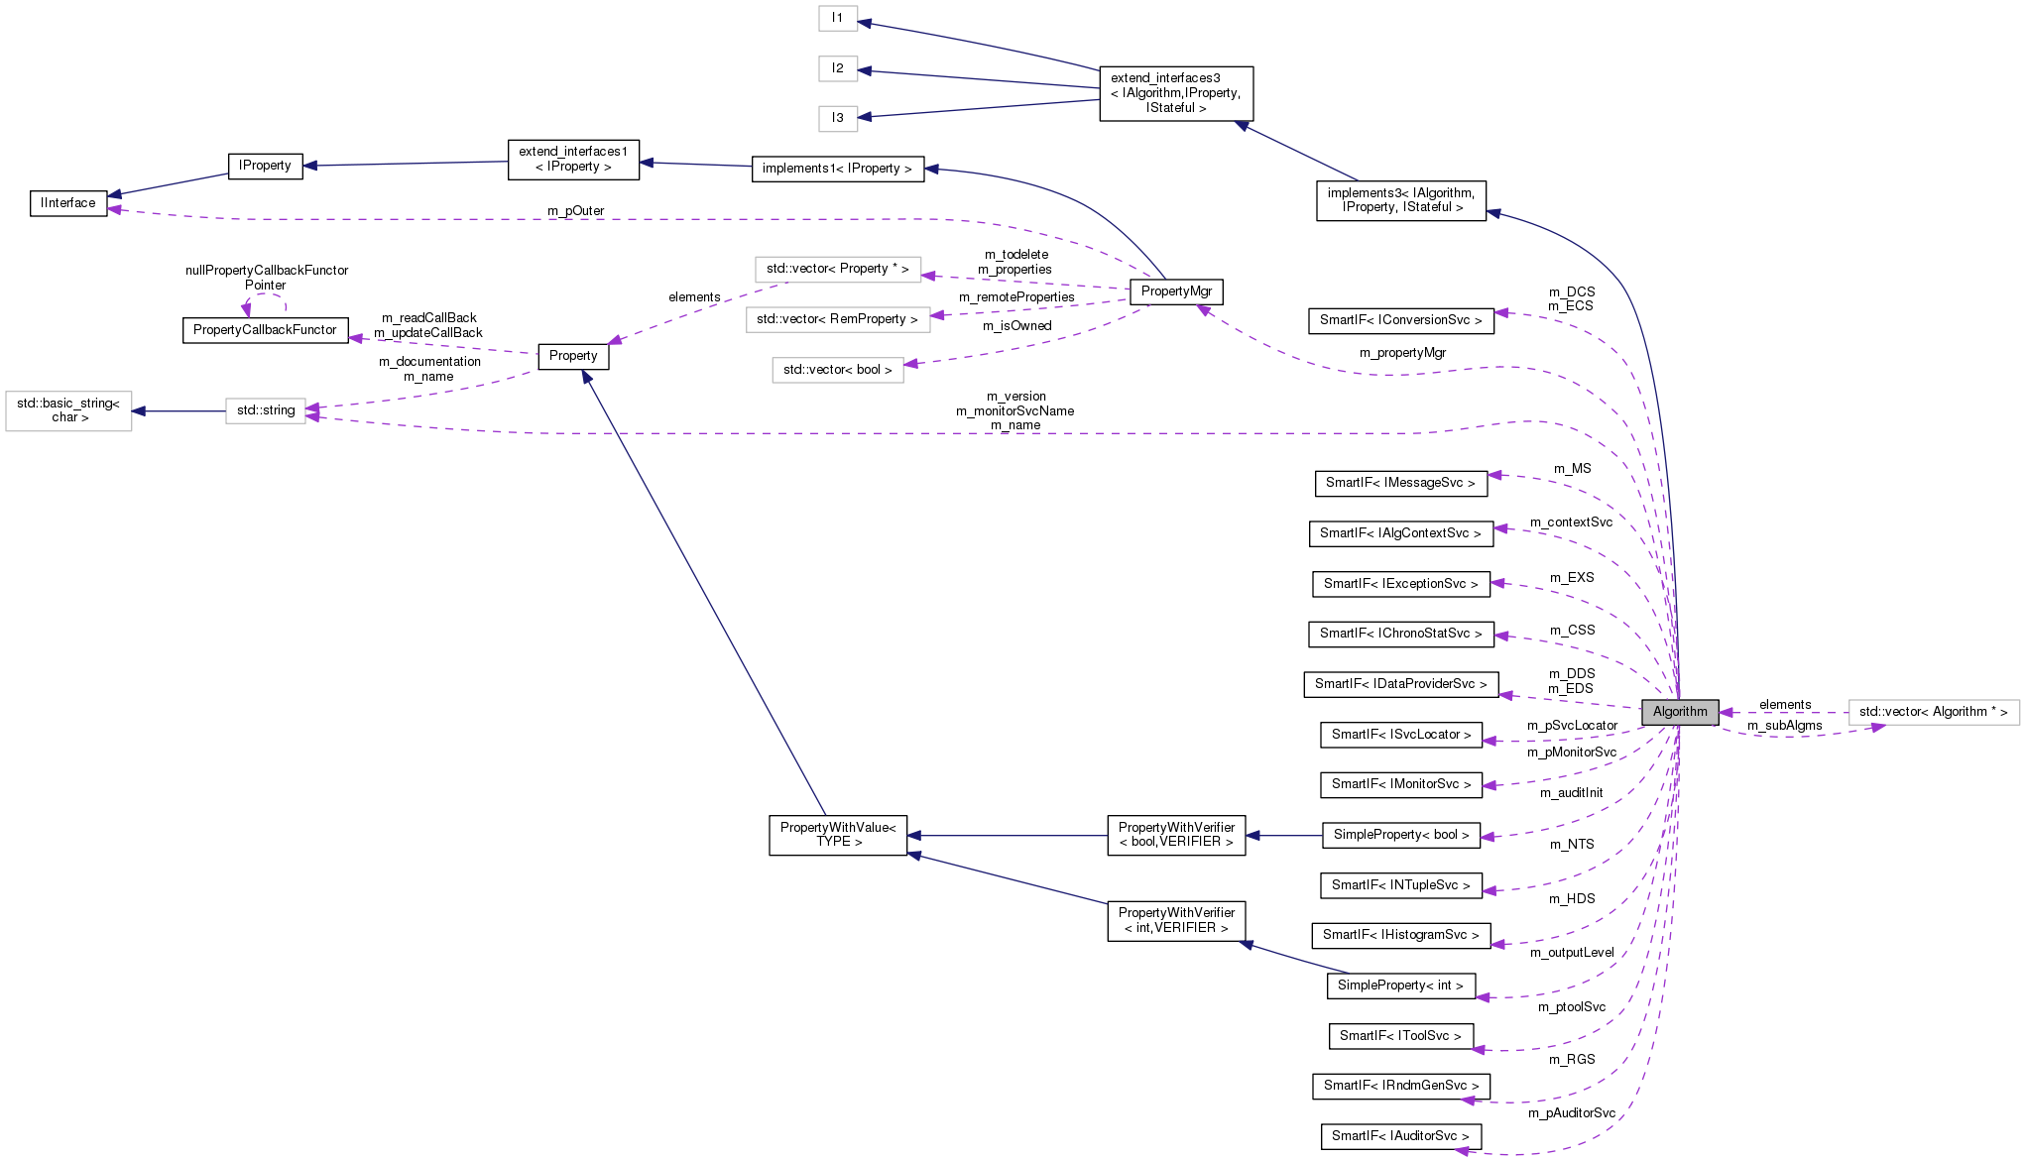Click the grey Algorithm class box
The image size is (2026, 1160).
pyautogui.click(x=1680, y=712)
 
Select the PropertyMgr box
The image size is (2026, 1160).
pyautogui.click(x=1176, y=291)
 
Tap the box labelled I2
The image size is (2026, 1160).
pyautogui.click(x=838, y=68)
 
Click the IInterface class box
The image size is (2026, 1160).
pyautogui.click(x=68, y=203)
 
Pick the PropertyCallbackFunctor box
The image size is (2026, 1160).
pyautogui.click(x=265, y=330)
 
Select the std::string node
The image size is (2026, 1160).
pyautogui.click(x=266, y=410)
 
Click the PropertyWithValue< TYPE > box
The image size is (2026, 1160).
pyautogui.click(x=838, y=835)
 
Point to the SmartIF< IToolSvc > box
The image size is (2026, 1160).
pyautogui.click(x=1400, y=1036)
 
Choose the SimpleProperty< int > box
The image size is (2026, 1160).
pyautogui.click(x=1400, y=986)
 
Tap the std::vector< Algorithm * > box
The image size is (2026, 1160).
pyautogui.click(x=1933, y=712)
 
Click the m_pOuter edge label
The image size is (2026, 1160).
pyautogui.click(x=575, y=211)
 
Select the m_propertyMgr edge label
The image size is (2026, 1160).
pyautogui.click(x=1402, y=353)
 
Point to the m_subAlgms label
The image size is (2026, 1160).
pyautogui.click(x=1784, y=726)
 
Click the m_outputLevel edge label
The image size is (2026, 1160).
pyautogui.click(x=1572, y=953)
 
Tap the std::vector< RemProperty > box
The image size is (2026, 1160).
pyautogui.click(x=837, y=319)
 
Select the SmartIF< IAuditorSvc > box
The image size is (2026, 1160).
pyautogui.click(x=1400, y=1136)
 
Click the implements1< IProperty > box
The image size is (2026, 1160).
pyautogui.click(x=837, y=169)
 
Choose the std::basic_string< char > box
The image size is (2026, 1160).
pyautogui.click(x=68, y=410)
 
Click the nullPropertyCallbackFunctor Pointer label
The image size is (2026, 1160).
pyautogui.click(x=266, y=278)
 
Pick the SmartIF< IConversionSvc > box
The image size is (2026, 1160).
pyautogui.click(x=1400, y=320)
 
